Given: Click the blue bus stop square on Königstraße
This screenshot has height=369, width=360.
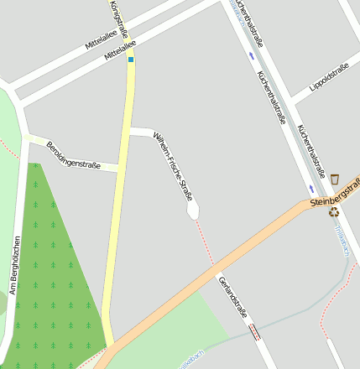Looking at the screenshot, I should point(131,60).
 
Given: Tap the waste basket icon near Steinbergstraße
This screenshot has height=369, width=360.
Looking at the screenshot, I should point(335,178).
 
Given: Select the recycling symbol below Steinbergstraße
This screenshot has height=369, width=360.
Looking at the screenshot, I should point(333,213).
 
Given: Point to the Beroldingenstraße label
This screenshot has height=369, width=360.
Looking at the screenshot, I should point(73,154).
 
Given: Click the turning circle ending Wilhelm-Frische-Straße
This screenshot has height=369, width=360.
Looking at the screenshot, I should point(193,211).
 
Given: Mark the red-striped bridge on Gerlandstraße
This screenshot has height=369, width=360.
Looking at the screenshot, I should point(254,332).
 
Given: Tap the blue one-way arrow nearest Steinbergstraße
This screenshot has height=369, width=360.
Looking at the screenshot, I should point(312,189).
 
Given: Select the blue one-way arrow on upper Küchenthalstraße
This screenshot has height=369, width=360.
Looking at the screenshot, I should point(252,56).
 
